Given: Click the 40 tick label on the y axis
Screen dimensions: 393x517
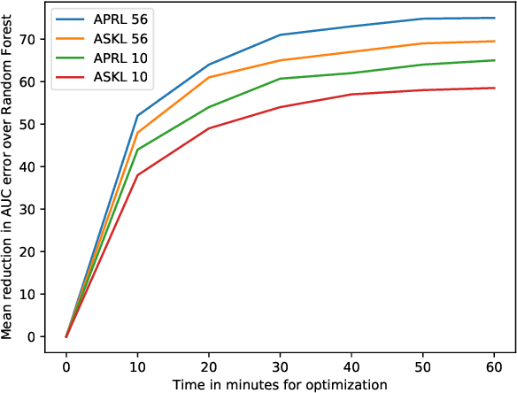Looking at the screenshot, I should click(x=33, y=166).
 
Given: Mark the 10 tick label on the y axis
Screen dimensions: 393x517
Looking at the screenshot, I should click(x=33, y=294).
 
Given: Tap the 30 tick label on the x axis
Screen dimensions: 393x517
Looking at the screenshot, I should click(x=281, y=366).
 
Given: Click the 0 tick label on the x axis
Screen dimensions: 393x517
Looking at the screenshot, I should click(x=66, y=366).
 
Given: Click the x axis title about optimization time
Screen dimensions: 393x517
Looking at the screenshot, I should click(x=281, y=384).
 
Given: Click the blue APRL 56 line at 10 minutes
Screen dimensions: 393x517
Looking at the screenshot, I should click(x=138, y=115).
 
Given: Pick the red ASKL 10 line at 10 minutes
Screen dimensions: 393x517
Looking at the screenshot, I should click(x=138, y=175).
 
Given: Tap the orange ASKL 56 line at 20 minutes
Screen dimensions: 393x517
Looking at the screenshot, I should click(x=209, y=77).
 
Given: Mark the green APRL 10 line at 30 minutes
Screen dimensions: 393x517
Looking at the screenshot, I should click(x=281, y=79).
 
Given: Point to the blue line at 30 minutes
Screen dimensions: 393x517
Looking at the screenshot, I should click(x=281, y=35).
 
